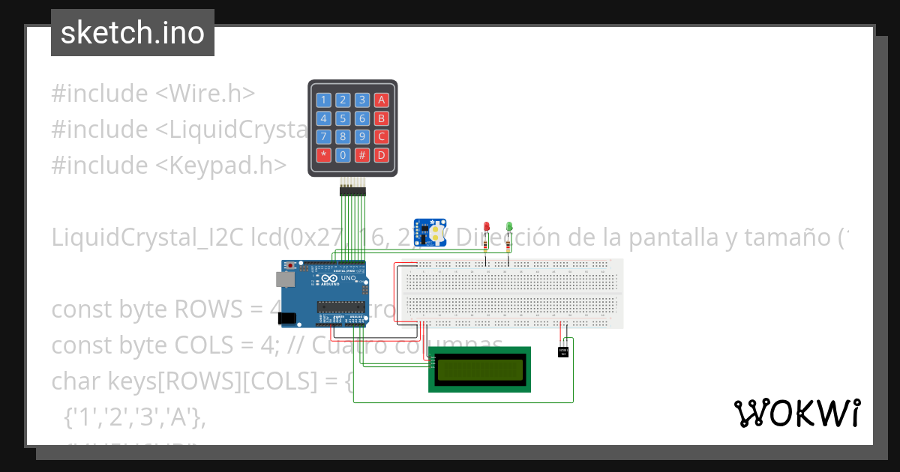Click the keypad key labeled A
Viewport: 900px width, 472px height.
[x=381, y=100]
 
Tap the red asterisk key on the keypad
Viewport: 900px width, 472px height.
[x=324, y=155]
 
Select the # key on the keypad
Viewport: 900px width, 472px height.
[x=362, y=155]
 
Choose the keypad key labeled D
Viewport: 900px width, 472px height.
[x=381, y=155]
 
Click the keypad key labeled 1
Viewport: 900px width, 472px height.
[x=324, y=100]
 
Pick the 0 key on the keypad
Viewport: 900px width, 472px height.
[x=343, y=155]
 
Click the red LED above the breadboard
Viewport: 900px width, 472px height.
[x=486, y=226]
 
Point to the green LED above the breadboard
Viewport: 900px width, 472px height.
[x=509, y=226]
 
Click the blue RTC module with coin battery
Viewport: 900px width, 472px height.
[x=430, y=232]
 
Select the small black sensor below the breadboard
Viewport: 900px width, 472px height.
[x=563, y=351]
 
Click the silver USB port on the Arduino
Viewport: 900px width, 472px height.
[x=284, y=279]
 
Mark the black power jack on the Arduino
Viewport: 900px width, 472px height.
[x=286, y=318]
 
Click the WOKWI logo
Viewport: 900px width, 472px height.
[x=796, y=413]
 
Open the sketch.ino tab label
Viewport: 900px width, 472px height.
[x=133, y=33]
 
